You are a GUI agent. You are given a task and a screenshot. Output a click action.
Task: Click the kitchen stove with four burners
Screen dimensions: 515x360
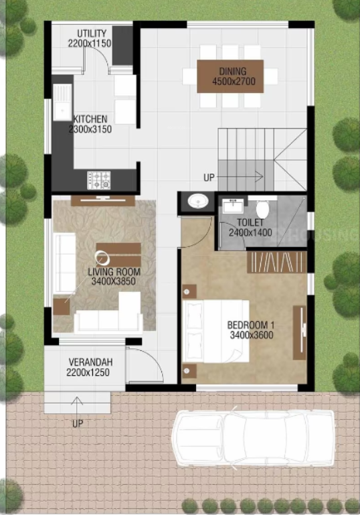100,179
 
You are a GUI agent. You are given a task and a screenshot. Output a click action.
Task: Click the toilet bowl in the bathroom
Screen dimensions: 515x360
262,209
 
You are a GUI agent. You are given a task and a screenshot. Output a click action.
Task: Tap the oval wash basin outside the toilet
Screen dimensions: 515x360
197,201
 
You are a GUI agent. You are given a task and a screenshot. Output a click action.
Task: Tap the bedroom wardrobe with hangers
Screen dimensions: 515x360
277,261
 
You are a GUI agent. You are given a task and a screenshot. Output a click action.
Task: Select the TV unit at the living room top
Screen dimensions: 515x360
102,200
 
